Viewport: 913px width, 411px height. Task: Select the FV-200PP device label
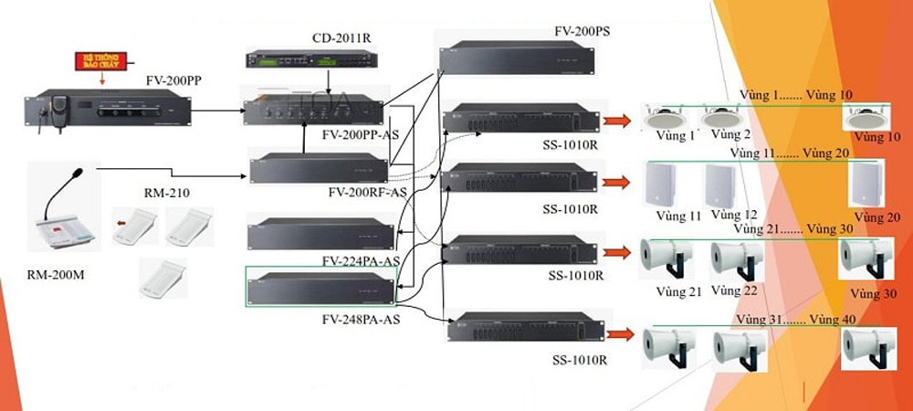pyautogui.click(x=173, y=80)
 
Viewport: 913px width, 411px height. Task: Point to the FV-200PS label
pyautogui.click(x=582, y=31)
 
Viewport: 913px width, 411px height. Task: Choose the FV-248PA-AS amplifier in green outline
pyautogui.click(x=321, y=288)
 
